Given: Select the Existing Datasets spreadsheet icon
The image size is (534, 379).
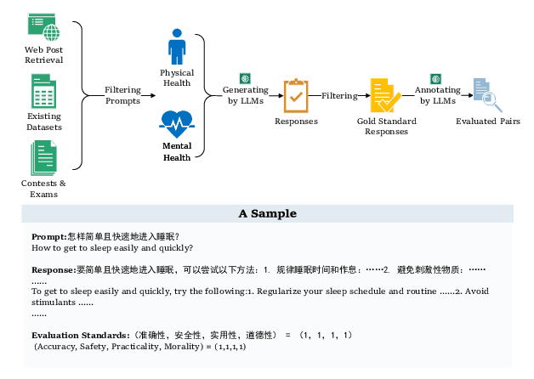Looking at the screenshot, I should click(43, 91).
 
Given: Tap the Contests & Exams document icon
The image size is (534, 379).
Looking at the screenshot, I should click(43, 158).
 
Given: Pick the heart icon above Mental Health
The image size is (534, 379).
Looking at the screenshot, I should click(177, 123).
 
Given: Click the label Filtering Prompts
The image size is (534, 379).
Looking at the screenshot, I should click(122, 95).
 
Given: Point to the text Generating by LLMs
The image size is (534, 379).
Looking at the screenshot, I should click(246, 95).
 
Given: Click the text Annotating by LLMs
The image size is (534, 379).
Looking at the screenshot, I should click(437, 95).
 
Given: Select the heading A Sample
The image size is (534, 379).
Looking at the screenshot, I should click(268, 213).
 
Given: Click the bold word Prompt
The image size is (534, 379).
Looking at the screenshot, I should click(48, 236).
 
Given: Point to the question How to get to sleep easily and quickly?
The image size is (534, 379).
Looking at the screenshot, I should click(112, 248).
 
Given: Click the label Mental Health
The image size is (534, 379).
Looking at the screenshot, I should click(177, 150).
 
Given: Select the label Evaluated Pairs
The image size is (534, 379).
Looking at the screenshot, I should click(487, 122).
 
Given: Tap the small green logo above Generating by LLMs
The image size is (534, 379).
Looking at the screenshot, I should click(245, 77).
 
